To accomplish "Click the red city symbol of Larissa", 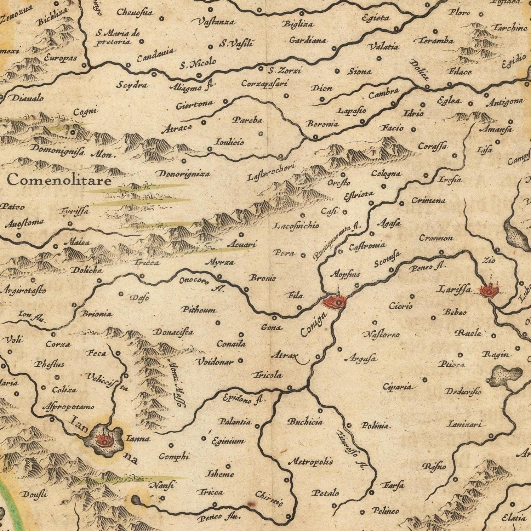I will point(490,290).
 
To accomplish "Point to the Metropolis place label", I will point(310,462).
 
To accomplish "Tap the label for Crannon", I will point(436,238).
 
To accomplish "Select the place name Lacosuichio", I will point(296,225).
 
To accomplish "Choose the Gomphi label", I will point(174,456).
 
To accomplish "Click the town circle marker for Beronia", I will point(316,137).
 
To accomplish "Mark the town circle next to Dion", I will point(322,100).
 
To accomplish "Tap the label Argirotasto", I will point(24,291).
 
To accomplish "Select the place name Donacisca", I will point(173,332).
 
